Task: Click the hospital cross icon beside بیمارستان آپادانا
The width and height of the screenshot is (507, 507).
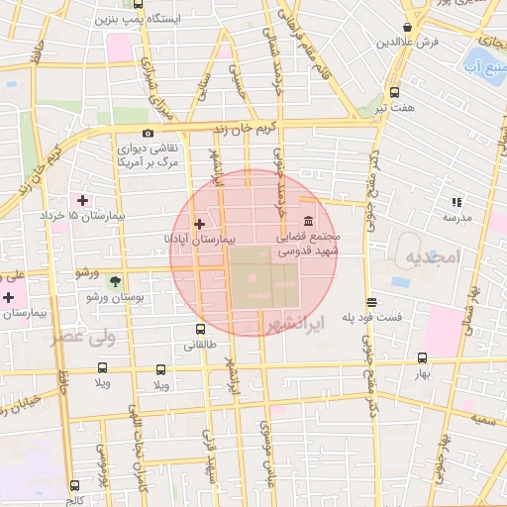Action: click(x=201, y=224)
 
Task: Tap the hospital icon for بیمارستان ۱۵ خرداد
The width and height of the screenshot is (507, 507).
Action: click(x=82, y=200)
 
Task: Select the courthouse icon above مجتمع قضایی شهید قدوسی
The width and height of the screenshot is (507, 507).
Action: click(x=309, y=221)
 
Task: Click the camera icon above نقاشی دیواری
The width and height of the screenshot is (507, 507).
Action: click(x=148, y=134)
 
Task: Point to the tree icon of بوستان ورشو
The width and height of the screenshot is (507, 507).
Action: click(x=115, y=282)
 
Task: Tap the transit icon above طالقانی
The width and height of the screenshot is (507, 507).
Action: click(x=201, y=330)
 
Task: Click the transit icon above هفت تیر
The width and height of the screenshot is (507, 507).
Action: click(x=395, y=91)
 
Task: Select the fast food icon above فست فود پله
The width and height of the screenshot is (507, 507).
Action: click(x=371, y=303)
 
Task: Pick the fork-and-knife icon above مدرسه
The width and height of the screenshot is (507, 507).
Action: click(x=456, y=201)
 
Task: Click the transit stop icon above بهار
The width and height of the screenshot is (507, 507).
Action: click(x=423, y=358)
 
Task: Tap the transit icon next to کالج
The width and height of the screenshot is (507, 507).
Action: click(x=75, y=486)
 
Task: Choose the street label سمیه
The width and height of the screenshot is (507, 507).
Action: click(x=483, y=421)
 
